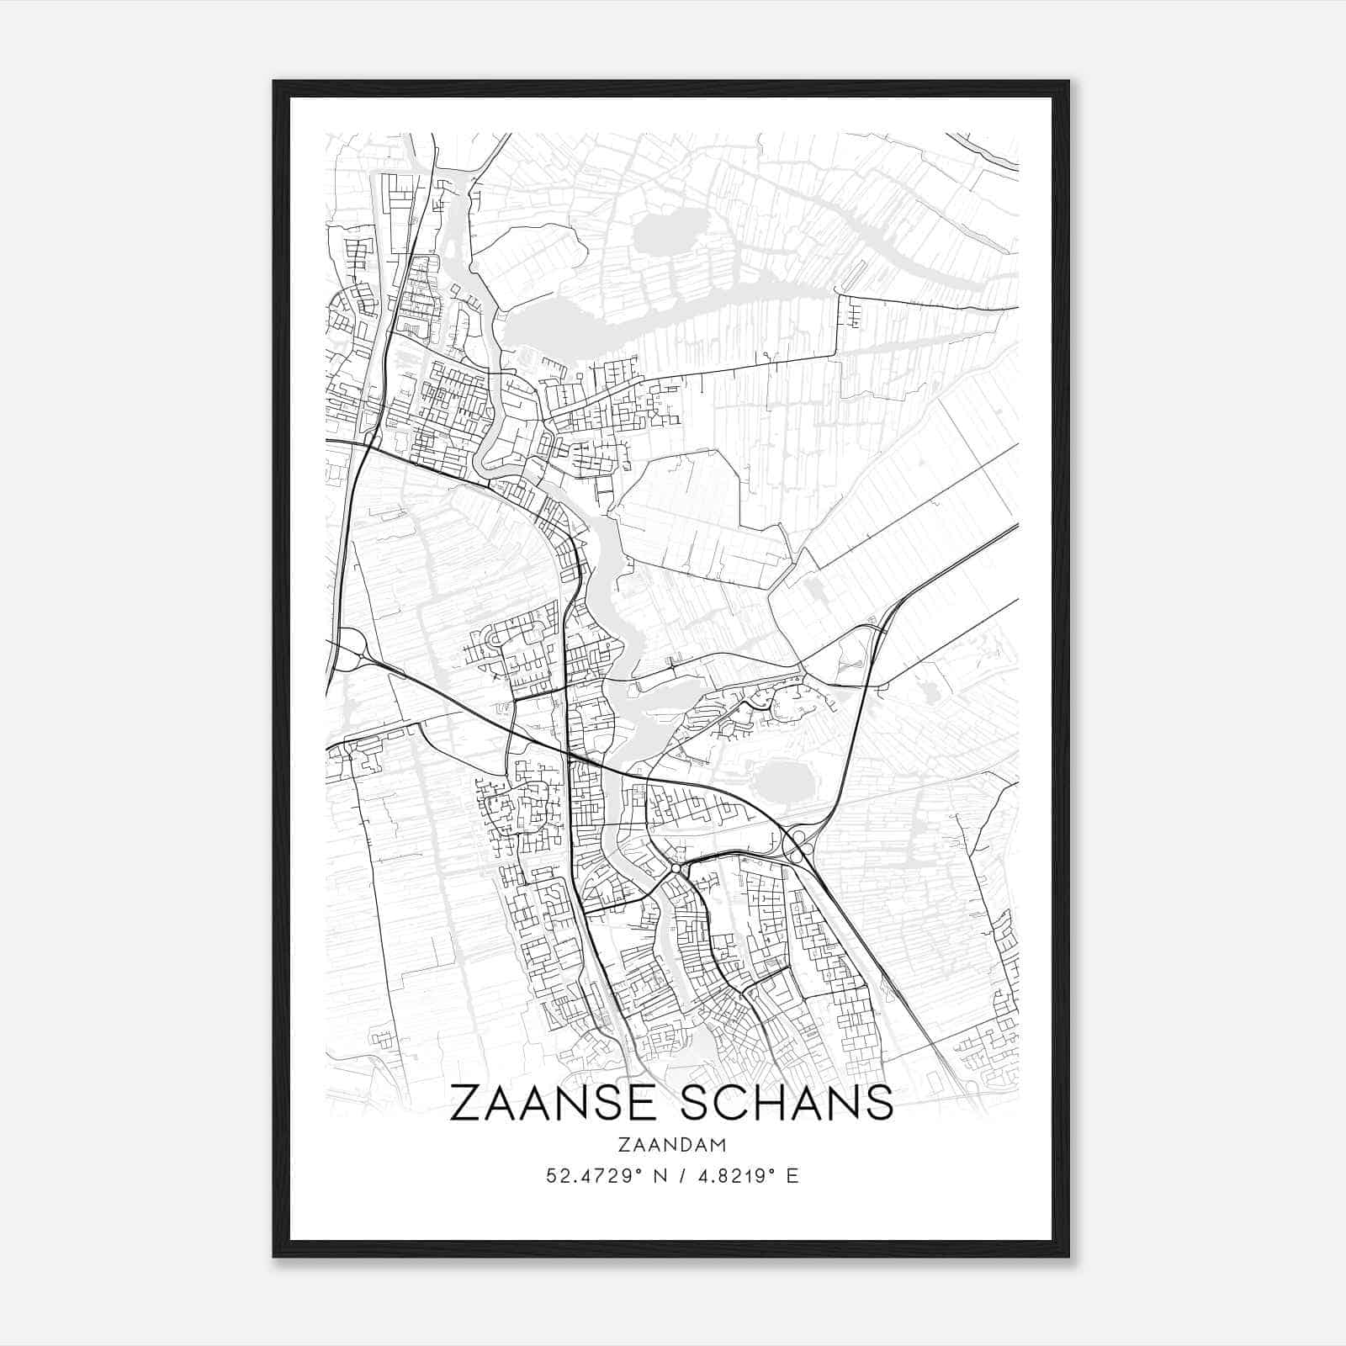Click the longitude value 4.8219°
click(733, 1176)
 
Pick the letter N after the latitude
click(660, 1176)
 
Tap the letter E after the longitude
click(792, 1176)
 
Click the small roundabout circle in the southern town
click(675, 867)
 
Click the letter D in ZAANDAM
click(682, 1145)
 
